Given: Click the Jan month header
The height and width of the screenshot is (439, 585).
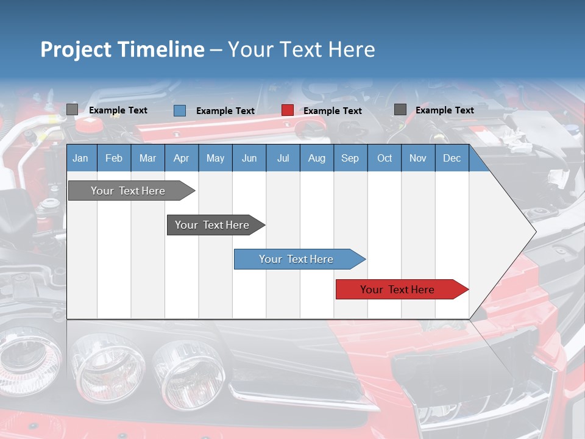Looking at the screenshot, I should point(80,158).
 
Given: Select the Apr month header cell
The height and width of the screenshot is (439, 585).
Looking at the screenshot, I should point(181,158).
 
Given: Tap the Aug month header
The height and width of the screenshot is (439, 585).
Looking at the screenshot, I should point(316,158).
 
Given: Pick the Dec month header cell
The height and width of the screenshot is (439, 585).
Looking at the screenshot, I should point(452,158).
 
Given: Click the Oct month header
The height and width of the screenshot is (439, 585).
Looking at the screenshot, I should point(384,158).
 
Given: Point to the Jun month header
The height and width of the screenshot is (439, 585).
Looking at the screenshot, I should point(249,158).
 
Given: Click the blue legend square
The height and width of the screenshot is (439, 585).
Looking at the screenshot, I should point(179,110).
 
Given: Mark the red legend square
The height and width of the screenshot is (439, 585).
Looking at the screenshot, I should point(288,110).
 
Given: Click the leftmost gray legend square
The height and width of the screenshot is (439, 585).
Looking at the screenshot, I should point(72,110).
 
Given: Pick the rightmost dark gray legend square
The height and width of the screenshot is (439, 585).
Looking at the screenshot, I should point(400,110).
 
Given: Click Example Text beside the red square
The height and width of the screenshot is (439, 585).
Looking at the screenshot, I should point(332,111).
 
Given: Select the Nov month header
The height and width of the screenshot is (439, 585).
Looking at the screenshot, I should point(417,158).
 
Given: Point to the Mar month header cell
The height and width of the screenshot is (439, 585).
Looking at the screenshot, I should point(147,158).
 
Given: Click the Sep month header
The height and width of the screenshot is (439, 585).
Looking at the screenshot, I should point(350,158).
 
